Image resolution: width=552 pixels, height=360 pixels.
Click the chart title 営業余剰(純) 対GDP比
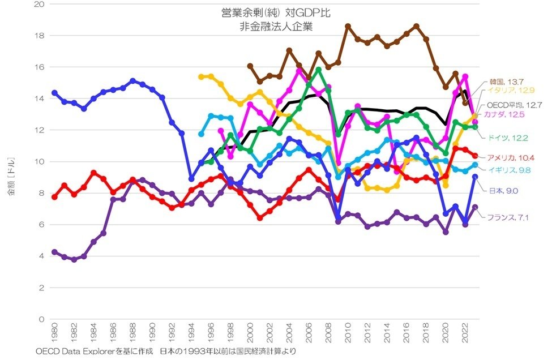point(276,12)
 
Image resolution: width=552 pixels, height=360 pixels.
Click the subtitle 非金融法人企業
point(276,25)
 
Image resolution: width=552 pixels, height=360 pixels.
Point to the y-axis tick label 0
point(41,319)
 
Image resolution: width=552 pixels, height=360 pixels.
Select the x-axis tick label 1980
point(55,333)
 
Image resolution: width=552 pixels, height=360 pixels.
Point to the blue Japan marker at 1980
point(54,93)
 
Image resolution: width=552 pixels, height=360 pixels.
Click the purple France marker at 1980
point(54,252)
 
